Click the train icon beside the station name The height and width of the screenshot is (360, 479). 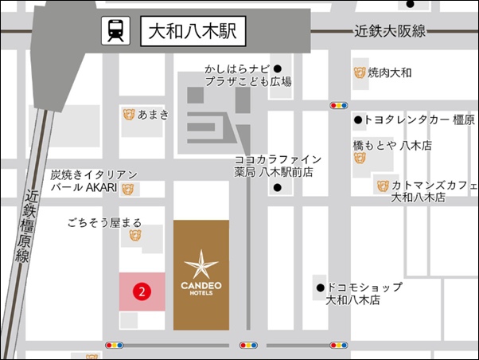pos(115,32)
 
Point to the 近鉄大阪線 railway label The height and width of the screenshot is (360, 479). pos(390,32)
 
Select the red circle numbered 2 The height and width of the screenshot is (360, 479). pos(142,292)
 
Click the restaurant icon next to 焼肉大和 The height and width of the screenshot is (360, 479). pos(359,73)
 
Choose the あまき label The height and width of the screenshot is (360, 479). pos(153,115)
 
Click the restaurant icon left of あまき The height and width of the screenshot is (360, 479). pos(128,115)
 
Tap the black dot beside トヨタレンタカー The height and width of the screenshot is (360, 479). pos(358,120)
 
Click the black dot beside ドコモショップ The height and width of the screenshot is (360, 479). pos(320,288)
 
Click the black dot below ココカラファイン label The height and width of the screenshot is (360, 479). pos(277,188)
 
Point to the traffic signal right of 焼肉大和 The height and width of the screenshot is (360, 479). pos(340,105)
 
